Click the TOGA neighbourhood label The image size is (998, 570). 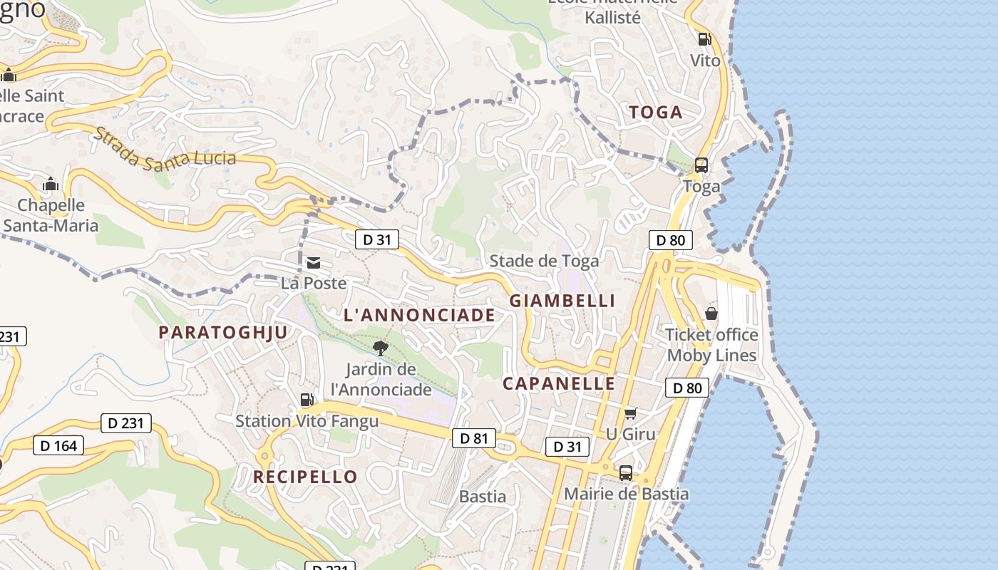point(656,112)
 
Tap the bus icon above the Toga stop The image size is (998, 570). point(701,165)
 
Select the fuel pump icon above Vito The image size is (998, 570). point(704,39)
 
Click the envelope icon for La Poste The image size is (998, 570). point(313,263)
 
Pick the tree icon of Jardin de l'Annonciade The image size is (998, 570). point(381,348)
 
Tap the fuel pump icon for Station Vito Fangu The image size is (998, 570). point(307,400)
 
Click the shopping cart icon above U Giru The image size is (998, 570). point(630,413)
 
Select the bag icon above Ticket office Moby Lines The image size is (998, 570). point(711,313)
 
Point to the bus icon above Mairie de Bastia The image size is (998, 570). point(626,472)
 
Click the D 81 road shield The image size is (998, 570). point(473,438)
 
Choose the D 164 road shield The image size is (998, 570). point(58,446)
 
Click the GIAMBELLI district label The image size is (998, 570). point(562,301)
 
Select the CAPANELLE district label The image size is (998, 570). point(559,383)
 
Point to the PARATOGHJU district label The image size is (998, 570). point(223,332)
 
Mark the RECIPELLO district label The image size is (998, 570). point(305,477)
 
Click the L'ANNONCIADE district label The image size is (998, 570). point(419,315)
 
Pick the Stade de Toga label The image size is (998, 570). point(544,261)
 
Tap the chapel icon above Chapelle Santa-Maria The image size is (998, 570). point(50,185)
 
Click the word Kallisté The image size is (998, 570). point(613,18)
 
